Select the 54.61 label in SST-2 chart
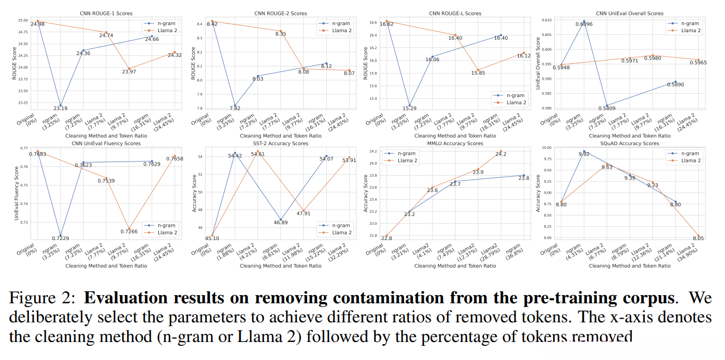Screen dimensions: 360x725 coord(261,154)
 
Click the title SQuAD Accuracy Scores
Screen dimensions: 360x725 coord(630,143)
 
